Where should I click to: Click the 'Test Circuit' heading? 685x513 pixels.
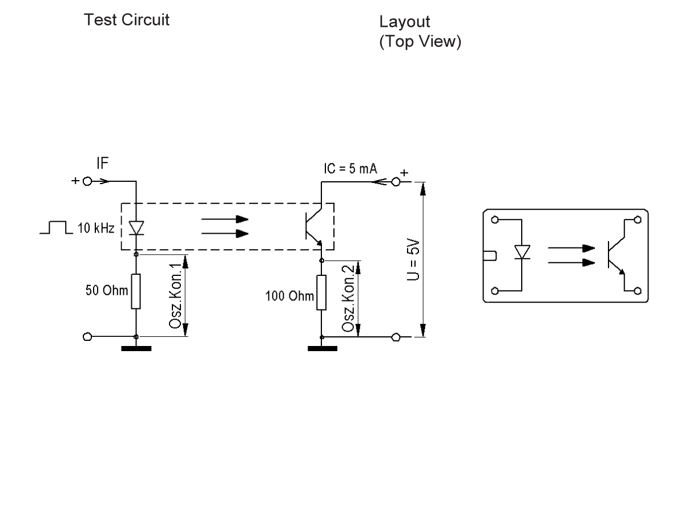coord(127,21)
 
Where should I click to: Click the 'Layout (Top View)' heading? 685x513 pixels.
coord(420,32)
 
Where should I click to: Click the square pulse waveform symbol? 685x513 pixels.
coord(53,229)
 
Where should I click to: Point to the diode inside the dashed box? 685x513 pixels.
coord(136,228)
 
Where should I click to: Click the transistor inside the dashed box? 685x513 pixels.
coord(314,227)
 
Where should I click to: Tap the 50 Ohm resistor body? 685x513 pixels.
coord(136,291)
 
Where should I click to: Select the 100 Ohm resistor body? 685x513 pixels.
coord(322,294)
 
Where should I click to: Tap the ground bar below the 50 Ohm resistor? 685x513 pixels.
coord(136,348)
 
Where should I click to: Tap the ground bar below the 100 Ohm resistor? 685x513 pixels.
coord(322,348)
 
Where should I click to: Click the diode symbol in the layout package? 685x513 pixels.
coord(522,252)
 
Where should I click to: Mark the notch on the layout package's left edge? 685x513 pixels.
coord(490,255)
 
